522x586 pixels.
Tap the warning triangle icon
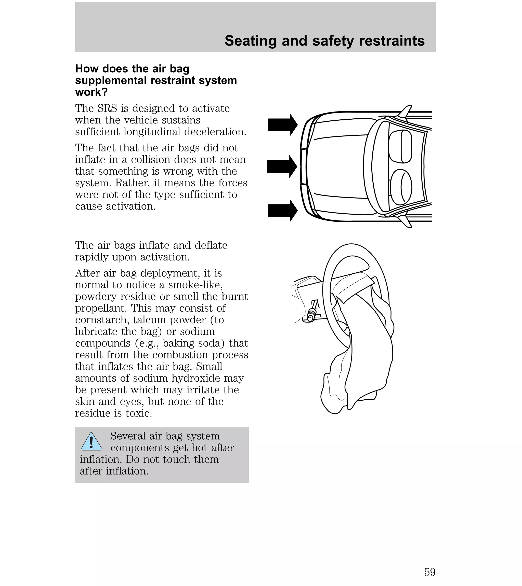(91, 442)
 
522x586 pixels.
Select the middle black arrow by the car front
(282, 166)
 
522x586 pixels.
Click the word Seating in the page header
(251, 41)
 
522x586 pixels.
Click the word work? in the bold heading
(91, 92)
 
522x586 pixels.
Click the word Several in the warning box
(127, 436)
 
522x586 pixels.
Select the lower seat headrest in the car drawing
(401, 187)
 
